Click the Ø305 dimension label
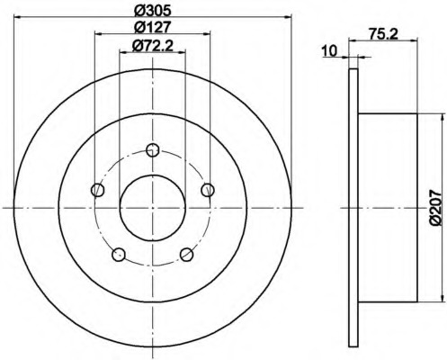[152, 11]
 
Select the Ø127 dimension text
[152, 27]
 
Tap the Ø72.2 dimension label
[152, 46]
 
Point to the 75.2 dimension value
[383, 34]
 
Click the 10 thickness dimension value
[330, 51]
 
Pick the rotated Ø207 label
[435, 207]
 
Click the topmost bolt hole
[153, 150]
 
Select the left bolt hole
[97, 190]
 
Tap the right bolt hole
[208, 190]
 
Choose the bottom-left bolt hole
[119, 255]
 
